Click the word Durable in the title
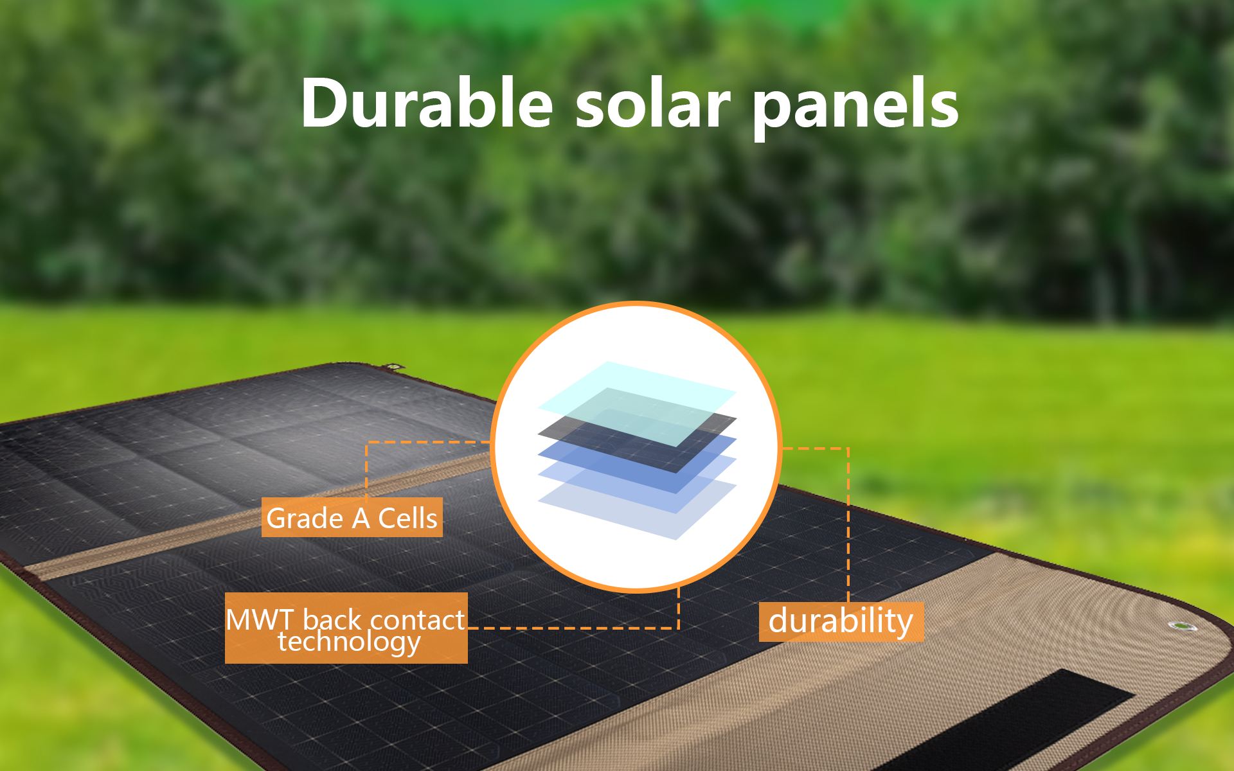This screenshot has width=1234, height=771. tap(427, 103)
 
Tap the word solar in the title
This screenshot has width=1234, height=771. tap(653, 103)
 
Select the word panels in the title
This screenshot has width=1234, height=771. tap(856, 106)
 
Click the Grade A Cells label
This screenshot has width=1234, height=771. tap(352, 517)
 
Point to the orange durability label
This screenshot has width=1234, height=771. tap(841, 622)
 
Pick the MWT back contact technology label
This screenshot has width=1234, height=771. tap(346, 628)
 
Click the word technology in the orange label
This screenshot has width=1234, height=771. tap(350, 642)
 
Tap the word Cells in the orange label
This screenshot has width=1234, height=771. tap(407, 518)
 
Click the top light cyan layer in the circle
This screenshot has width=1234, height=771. tap(638, 403)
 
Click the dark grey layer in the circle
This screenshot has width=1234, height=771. tap(638, 443)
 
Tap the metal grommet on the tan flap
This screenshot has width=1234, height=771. tap(1179, 625)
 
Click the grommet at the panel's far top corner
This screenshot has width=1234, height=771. tap(393, 368)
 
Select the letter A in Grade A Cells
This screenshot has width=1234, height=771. tap(361, 518)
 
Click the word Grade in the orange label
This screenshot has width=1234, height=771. tap(305, 518)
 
